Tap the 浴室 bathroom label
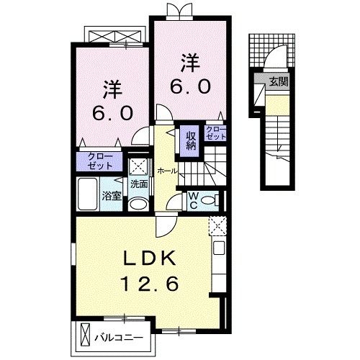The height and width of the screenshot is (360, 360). (111, 195)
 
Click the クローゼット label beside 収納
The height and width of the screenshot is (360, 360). (215, 132)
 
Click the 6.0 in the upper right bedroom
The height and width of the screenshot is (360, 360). (190, 87)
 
